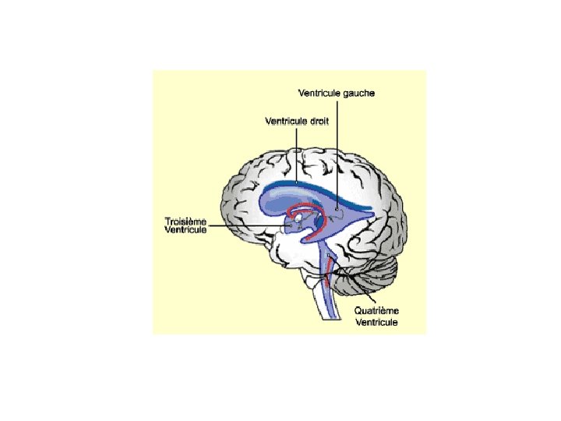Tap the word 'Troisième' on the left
(186, 221)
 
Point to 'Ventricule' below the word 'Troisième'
(186, 230)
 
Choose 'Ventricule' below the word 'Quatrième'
(377, 321)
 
